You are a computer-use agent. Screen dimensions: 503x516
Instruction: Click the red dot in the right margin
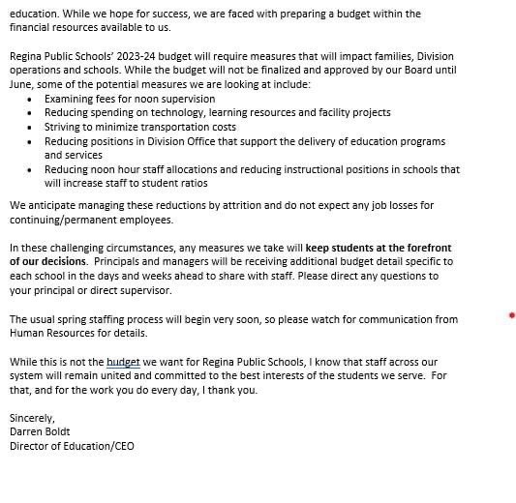coord(511,315)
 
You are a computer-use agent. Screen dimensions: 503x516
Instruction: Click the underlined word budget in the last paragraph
coord(123,363)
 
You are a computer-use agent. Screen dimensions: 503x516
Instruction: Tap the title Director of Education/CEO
coord(72,446)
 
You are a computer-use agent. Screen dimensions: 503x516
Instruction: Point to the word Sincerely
coord(32,418)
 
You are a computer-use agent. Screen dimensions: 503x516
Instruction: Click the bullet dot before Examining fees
coord(31,99)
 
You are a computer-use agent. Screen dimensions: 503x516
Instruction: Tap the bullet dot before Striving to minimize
coord(31,127)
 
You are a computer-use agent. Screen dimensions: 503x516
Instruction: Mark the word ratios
coord(188,183)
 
